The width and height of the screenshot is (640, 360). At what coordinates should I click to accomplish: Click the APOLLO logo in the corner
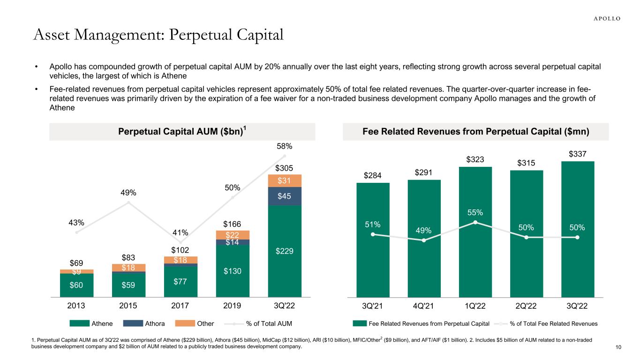click(604, 18)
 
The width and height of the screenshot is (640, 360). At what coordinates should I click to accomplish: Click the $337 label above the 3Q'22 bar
click(577, 154)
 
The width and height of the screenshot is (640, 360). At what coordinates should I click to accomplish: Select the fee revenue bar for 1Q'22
click(475, 262)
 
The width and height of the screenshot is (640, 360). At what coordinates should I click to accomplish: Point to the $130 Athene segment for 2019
click(232, 271)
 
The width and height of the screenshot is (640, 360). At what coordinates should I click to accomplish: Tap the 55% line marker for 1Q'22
click(475, 222)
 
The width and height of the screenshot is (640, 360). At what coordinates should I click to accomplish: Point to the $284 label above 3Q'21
click(373, 175)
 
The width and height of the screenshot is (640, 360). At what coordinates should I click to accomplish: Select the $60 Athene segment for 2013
click(77, 285)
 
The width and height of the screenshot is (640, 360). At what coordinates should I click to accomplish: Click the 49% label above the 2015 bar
click(128, 193)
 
